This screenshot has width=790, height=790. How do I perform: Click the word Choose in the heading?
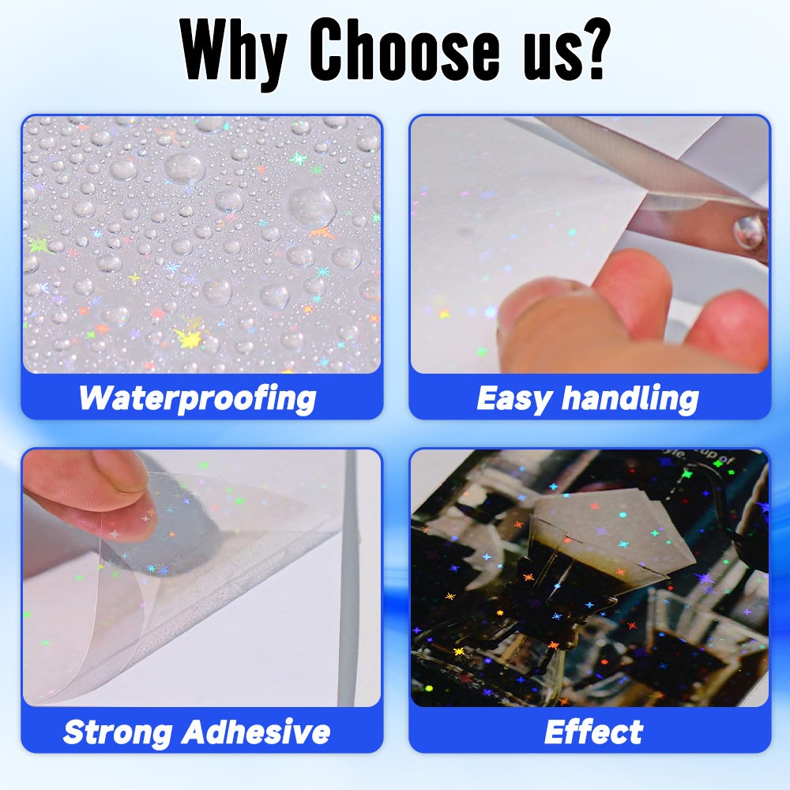(x=404, y=50)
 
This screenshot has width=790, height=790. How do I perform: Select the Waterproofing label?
(x=197, y=399)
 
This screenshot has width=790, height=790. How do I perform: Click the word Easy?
(x=513, y=399)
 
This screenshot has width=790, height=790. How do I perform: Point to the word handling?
(x=630, y=399)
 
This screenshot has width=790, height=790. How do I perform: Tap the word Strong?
(x=118, y=732)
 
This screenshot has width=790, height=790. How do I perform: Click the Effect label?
(x=593, y=732)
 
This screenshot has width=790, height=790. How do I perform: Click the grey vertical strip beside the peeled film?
(x=348, y=578)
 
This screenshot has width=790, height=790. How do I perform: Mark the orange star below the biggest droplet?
(x=322, y=233)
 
